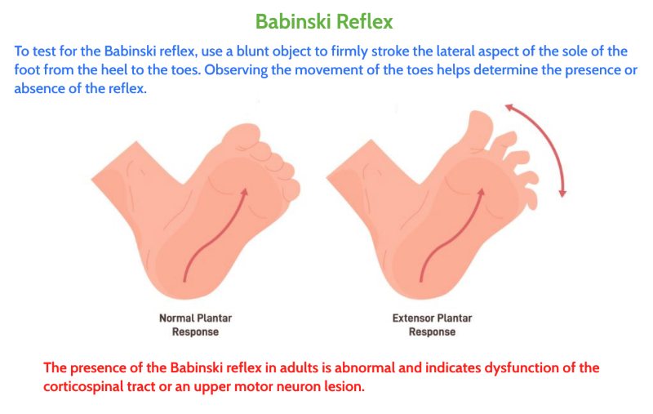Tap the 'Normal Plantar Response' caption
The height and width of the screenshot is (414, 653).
coord(195,325)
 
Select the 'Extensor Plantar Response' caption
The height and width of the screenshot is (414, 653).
coord(432,325)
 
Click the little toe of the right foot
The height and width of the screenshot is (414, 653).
coord(530,199)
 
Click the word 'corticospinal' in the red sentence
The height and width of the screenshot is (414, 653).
coord(83,386)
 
